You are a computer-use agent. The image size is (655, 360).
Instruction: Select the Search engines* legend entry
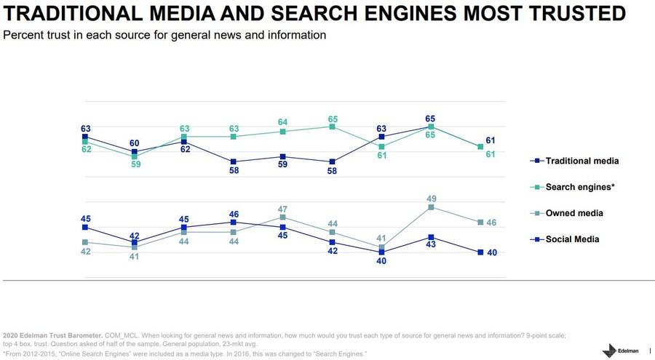[579, 188]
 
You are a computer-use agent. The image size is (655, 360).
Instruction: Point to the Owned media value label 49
[432, 198]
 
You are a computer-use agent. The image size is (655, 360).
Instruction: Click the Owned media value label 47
[283, 209]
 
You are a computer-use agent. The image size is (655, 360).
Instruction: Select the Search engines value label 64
[283, 122]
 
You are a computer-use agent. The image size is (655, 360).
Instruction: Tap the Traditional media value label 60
[135, 143]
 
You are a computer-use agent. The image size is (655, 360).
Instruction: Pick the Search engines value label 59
[135, 165]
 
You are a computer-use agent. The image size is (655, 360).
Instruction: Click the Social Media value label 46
[234, 215]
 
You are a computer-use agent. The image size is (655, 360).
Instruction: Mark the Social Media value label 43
[432, 245]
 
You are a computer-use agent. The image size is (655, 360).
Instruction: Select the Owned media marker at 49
[432, 207]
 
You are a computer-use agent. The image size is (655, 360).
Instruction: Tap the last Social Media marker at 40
[481, 252]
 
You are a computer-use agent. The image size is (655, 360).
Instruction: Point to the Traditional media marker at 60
[135, 152]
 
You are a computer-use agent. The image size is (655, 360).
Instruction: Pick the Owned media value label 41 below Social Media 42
[135, 257]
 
